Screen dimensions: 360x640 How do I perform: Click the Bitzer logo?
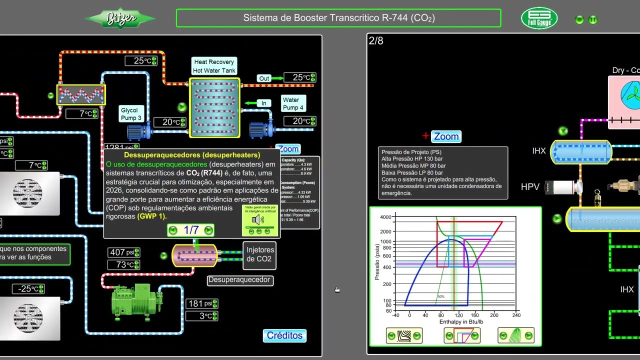point(120,19)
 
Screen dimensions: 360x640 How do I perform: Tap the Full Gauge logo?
point(539,18)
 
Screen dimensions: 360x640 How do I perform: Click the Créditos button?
point(284,335)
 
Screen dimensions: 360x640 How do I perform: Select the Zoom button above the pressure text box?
point(446,136)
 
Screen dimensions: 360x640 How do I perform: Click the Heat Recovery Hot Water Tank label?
point(214,66)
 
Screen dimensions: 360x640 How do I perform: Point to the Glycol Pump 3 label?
point(131,114)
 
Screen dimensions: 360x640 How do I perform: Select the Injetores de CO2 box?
point(260,254)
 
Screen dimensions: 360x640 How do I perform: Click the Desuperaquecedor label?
point(239,280)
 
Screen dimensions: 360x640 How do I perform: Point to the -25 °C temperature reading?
point(28,289)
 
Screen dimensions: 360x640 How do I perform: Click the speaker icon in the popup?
point(258,220)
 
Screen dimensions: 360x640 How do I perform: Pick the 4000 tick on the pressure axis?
point(385,217)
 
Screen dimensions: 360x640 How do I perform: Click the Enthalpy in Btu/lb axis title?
point(461,322)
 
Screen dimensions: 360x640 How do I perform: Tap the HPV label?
point(530,187)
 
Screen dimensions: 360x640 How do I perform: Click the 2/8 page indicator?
point(376,41)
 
